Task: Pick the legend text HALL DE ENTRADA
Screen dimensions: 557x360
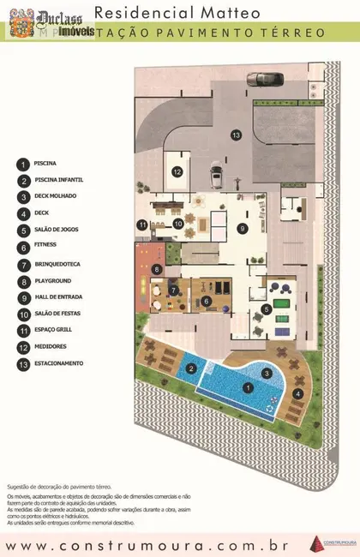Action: [57, 296]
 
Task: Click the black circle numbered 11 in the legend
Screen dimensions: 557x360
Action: [22, 330]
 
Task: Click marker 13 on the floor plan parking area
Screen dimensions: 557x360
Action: [235, 135]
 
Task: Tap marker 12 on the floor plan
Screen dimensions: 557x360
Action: [177, 171]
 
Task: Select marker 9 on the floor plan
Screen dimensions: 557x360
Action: [243, 228]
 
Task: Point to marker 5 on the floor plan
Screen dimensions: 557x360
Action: [267, 308]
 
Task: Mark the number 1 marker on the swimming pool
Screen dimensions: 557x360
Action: [249, 388]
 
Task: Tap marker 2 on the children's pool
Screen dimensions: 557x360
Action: [193, 369]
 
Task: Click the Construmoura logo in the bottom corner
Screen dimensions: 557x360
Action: [329, 540]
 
